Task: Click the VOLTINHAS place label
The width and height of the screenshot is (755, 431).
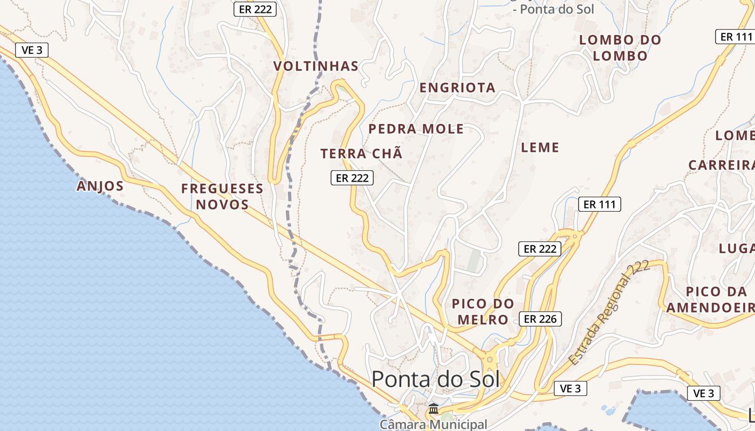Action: pyautogui.click(x=315, y=66)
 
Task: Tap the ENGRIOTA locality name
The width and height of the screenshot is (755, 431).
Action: pyautogui.click(x=457, y=88)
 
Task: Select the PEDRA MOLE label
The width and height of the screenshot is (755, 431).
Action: pyautogui.click(x=416, y=129)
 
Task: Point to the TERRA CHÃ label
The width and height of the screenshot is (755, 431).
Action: pyautogui.click(x=361, y=154)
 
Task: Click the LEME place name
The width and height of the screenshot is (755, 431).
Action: pyautogui.click(x=540, y=147)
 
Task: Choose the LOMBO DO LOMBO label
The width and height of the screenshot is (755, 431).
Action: pyautogui.click(x=620, y=48)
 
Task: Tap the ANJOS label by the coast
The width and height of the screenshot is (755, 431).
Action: pyautogui.click(x=100, y=186)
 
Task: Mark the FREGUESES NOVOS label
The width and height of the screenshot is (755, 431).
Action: pyautogui.click(x=222, y=197)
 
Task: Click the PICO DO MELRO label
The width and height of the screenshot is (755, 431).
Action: pyautogui.click(x=483, y=311)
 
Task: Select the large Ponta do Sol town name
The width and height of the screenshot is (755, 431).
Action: pyautogui.click(x=436, y=379)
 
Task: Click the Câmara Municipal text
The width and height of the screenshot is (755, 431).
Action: pyautogui.click(x=433, y=424)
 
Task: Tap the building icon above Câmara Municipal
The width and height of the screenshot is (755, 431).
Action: pyautogui.click(x=433, y=409)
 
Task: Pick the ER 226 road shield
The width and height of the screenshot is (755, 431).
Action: pyautogui.click(x=540, y=319)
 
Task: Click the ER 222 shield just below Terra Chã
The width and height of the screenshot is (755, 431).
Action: pyautogui.click(x=352, y=178)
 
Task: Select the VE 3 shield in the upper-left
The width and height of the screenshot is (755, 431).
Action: pyautogui.click(x=32, y=50)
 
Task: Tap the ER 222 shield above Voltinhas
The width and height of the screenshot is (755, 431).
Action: pyautogui.click(x=255, y=9)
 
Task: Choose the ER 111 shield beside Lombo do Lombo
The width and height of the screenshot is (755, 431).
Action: pyautogui.click(x=736, y=37)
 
